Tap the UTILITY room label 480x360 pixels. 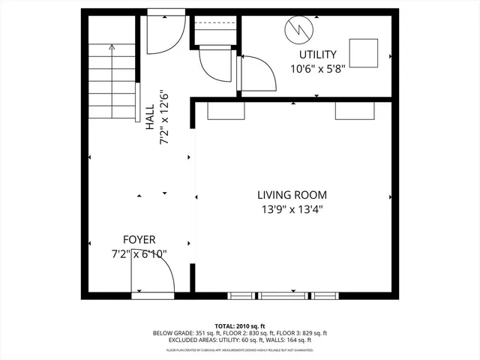coord(318,55)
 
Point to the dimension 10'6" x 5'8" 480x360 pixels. coord(318,70)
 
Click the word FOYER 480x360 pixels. coord(139,239)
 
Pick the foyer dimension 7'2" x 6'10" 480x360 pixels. coord(139,254)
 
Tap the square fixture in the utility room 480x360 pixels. coord(366,52)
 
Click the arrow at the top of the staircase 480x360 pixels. coord(112,49)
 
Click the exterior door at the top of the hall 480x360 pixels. coord(165,34)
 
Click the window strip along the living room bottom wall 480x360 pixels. coord(282,295)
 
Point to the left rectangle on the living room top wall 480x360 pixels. coord(226,110)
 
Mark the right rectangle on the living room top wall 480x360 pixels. coord(353,110)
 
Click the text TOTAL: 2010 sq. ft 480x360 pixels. coord(240,326)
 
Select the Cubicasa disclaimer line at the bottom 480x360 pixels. coord(240,350)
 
